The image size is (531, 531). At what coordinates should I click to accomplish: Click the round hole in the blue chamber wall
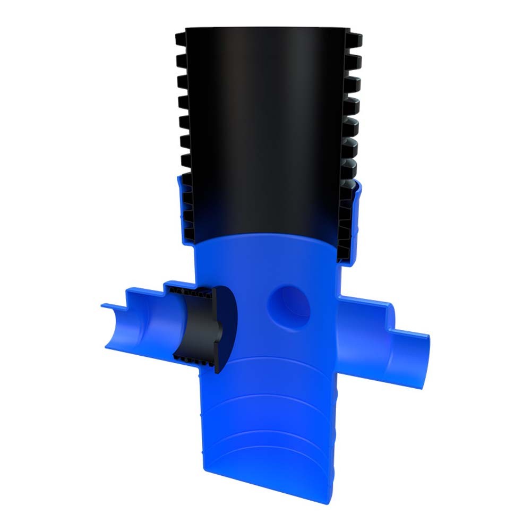289,307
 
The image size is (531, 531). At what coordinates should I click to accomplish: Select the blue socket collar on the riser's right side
355,223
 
